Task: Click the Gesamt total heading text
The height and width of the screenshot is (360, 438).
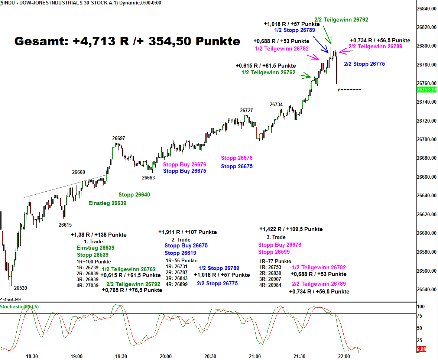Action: point(127,41)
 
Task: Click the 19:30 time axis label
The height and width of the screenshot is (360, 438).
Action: point(121,356)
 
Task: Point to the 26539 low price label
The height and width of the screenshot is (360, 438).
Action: point(20,288)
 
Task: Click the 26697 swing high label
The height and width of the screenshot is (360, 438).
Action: point(119,139)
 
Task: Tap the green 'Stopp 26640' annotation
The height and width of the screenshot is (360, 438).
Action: point(134,195)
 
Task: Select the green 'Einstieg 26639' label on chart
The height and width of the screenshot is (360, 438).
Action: point(107,203)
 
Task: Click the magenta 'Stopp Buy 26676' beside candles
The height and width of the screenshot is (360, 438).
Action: point(184,165)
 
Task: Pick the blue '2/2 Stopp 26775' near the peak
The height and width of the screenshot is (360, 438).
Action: point(364,64)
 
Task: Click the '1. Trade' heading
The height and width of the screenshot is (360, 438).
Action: point(93,241)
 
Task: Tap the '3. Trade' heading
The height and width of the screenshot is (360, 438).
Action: point(276,237)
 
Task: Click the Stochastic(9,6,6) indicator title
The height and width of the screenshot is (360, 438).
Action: point(19,307)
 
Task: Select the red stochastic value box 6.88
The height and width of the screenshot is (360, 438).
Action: point(421,350)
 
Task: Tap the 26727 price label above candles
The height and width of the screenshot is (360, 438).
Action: point(246,110)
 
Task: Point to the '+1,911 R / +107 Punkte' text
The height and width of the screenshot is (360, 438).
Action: point(187,232)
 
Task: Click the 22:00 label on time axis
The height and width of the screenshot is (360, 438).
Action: point(344,356)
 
